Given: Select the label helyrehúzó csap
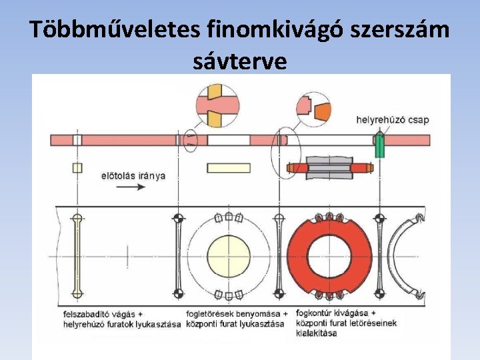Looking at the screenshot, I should click(393, 120).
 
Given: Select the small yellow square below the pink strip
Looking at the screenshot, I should click(77, 168).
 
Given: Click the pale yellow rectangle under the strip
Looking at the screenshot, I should click(229, 168).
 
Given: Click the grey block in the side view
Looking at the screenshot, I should click(329, 167).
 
